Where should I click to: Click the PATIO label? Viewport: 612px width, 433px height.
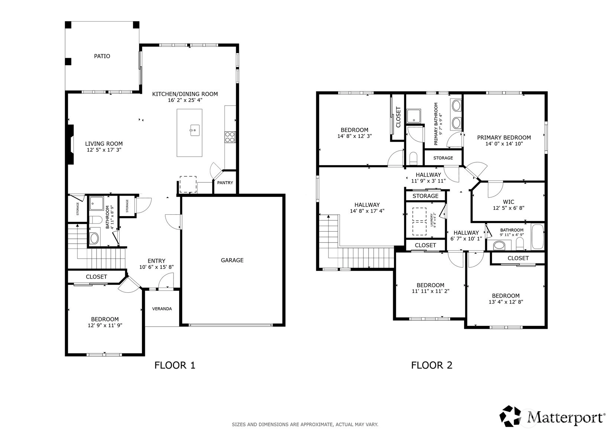102,56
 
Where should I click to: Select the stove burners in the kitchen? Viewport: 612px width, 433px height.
230,137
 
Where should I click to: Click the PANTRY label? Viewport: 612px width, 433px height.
225,183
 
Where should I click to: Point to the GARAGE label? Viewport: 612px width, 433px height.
232,260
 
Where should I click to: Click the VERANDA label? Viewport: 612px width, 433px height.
162,309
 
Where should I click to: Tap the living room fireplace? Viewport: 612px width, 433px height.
71,145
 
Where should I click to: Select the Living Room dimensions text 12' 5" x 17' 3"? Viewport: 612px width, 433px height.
104,150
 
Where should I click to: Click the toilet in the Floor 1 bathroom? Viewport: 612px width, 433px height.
95,219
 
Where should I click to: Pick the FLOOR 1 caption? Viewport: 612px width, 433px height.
175,365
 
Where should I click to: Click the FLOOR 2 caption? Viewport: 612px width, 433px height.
432,365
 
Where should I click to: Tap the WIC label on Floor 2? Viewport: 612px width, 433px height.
508,202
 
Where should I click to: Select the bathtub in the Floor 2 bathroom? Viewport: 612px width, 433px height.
538,237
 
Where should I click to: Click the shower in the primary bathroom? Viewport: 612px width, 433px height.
414,116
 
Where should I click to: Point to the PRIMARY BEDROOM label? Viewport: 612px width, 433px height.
504,138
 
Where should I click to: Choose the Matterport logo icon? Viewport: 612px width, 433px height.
510,416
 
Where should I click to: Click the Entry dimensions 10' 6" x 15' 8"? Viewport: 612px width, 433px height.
156,267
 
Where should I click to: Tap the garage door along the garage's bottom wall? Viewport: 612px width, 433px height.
231,325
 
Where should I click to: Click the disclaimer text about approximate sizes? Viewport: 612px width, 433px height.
305,424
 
